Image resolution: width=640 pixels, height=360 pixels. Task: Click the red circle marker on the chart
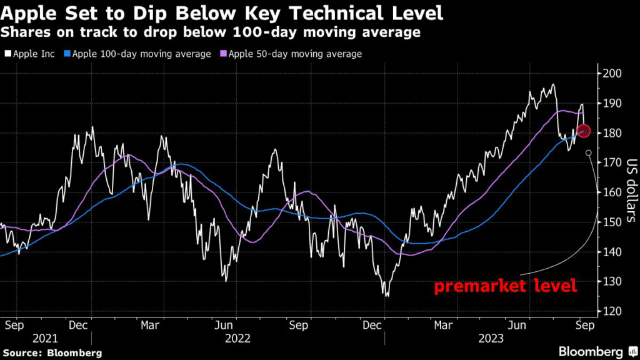583,131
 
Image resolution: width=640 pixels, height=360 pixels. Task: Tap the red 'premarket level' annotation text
505,287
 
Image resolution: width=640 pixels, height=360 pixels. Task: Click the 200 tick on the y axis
612,74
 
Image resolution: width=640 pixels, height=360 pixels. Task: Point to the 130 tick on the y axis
612,282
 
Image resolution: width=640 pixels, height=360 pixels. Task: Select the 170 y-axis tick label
612,163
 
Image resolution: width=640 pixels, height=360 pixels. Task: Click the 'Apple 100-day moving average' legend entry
141,54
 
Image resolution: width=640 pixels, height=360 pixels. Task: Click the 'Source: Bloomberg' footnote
51,353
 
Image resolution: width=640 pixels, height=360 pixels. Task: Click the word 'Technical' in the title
318,12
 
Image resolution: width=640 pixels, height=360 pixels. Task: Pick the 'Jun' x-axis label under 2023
517,325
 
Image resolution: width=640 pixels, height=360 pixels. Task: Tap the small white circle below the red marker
588,152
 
